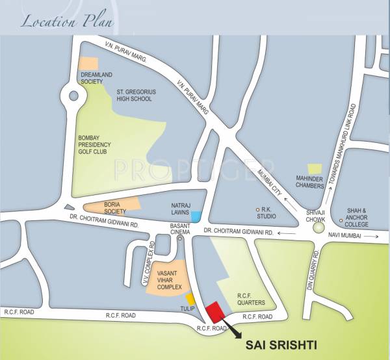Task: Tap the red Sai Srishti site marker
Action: point(214,312)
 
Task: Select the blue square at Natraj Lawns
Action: point(196,216)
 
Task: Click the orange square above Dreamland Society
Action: point(88,63)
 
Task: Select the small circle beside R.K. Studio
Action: point(258,209)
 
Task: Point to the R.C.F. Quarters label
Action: point(250,299)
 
